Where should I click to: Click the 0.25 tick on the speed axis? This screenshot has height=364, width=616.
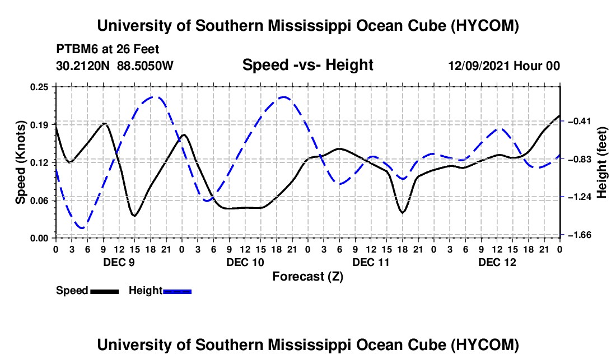(x=39, y=87)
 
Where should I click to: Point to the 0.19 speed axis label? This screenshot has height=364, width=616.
(x=39, y=125)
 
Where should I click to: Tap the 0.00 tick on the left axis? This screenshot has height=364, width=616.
(x=39, y=239)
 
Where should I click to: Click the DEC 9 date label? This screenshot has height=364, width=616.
(x=119, y=262)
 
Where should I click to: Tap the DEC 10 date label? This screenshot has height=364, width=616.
(x=245, y=262)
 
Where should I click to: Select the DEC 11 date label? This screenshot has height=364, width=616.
(x=371, y=262)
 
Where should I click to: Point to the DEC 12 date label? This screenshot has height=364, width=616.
(x=497, y=262)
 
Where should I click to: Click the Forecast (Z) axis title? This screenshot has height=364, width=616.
(x=307, y=277)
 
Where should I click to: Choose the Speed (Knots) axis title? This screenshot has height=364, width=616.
(x=20, y=162)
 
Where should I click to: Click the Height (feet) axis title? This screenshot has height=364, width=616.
(x=602, y=162)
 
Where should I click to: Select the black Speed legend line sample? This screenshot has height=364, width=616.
(x=104, y=291)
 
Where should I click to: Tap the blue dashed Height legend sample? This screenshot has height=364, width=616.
(x=177, y=291)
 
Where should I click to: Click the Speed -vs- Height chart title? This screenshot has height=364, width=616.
(x=307, y=65)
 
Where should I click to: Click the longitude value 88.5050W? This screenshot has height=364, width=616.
(x=145, y=66)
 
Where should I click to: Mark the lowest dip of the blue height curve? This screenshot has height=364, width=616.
(x=82, y=228)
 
